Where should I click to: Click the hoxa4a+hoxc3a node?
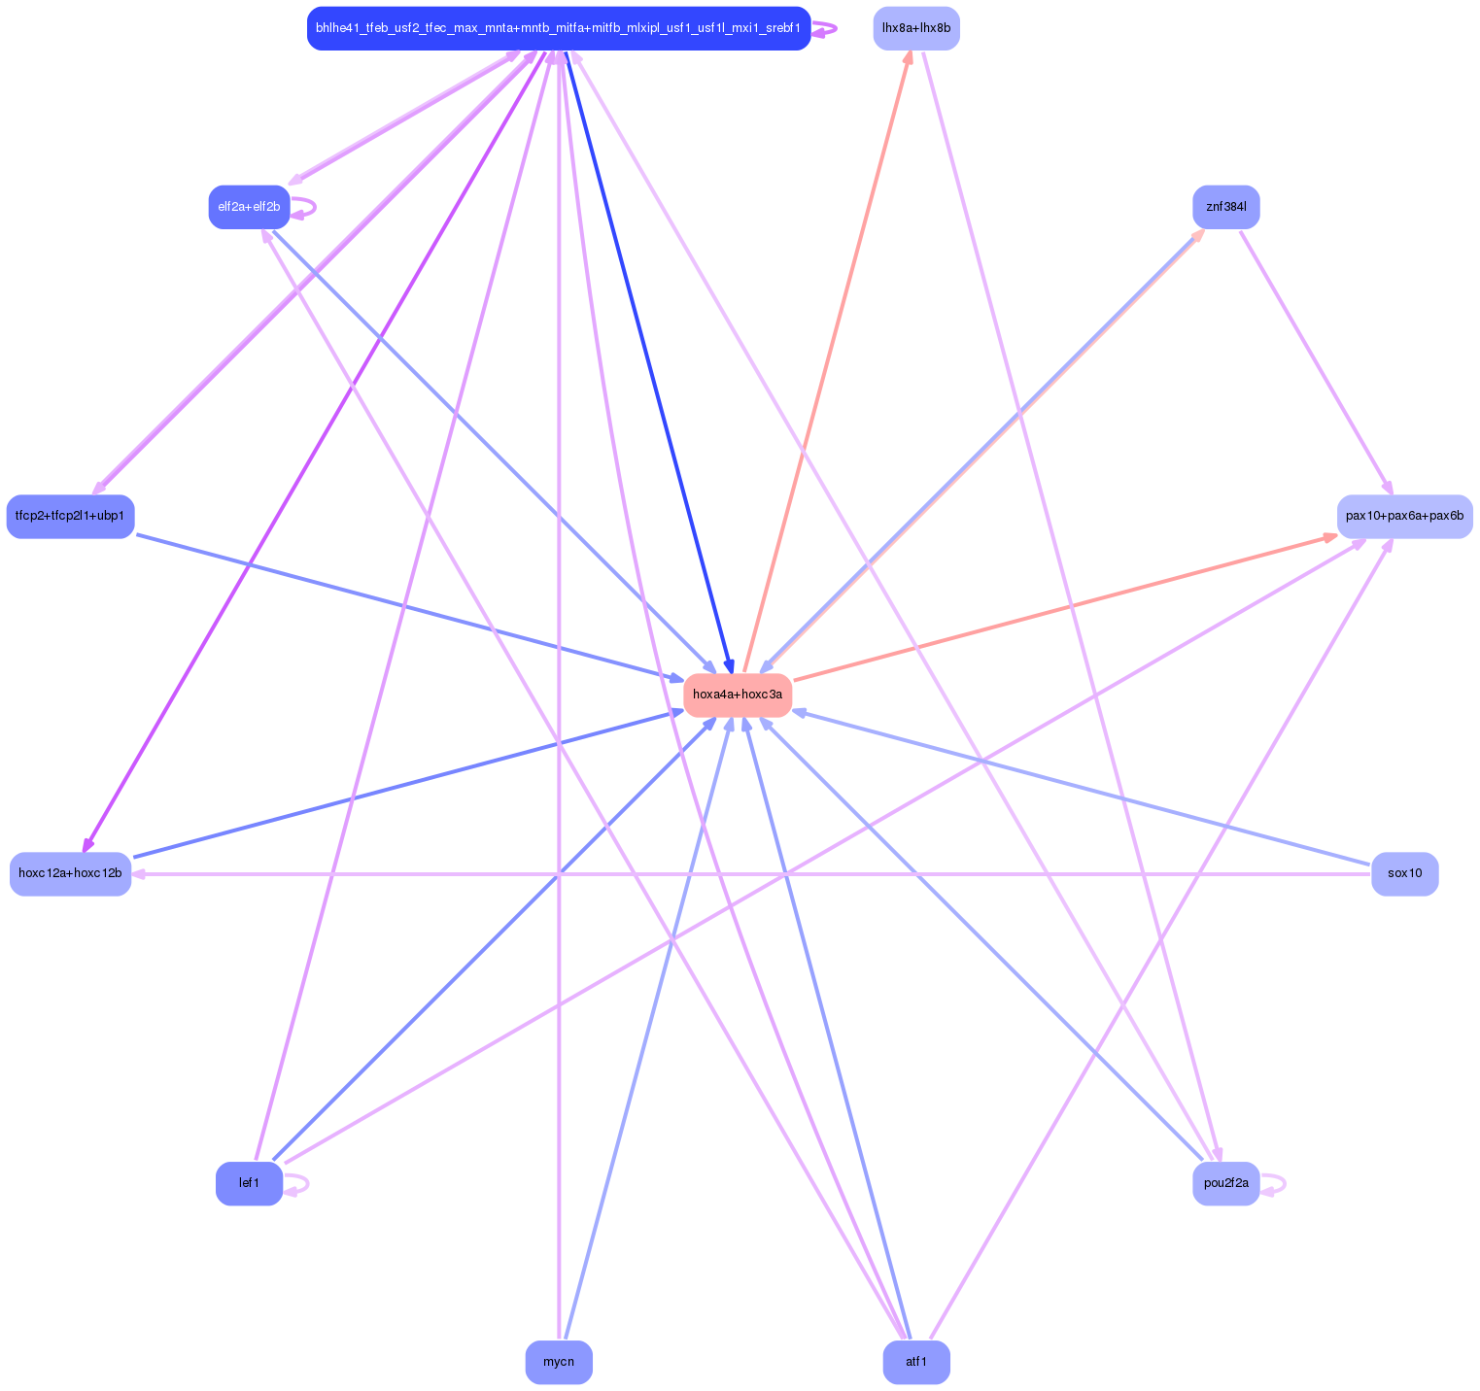(x=738, y=695)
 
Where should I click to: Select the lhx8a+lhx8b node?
(x=915, y=28)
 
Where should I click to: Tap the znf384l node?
(x=1225, y=207)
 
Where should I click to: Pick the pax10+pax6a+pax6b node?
(x=1404, y=516)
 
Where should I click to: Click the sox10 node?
(x=1404, y=873)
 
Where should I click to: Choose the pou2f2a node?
(x=1225, y=1183)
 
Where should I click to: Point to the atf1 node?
(x=915, y=1362)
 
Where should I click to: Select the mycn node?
(x=559, y=1362)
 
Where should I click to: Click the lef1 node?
(x=249, y=1183)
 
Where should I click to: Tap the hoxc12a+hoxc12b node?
(x=70, y=873)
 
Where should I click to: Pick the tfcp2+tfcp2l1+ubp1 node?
(x=70, y=516)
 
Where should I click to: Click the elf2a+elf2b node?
(x=249, y=207)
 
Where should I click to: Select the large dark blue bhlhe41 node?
(x=559, y=28)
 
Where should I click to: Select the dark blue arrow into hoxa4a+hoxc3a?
(x=645, y=359)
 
